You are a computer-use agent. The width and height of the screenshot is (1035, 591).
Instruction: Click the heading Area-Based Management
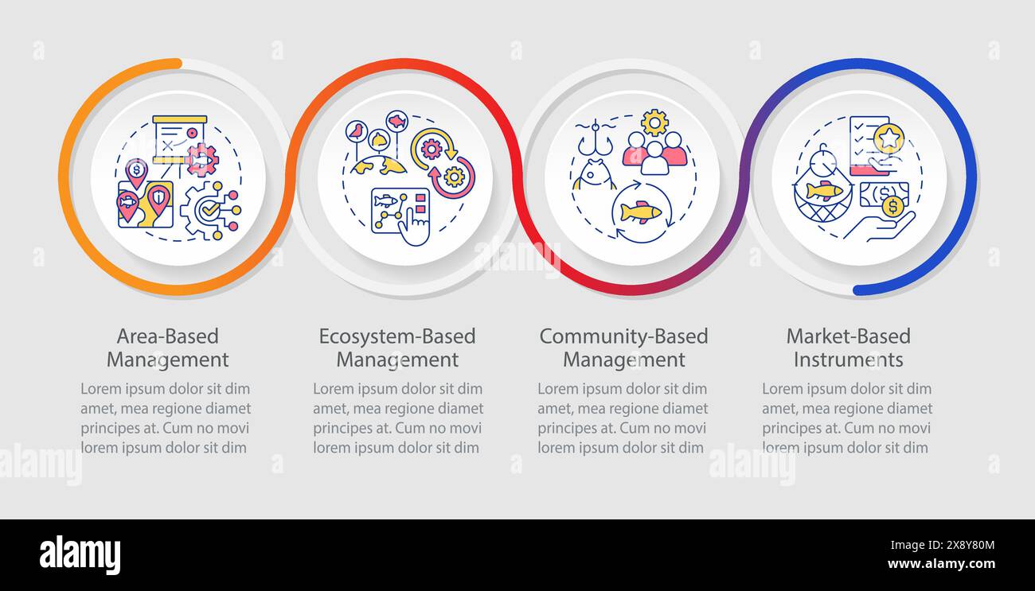click(x=168, y=348)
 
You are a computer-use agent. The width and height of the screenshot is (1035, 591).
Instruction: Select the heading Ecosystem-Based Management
click(x=397, y=348)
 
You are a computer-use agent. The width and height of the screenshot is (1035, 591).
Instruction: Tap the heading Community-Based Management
click(x=623, y=348)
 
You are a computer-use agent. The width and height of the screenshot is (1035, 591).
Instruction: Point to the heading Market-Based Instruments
click(x=849, y=348)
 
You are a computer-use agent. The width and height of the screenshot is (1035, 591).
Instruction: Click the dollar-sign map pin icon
click(x=136, y=173)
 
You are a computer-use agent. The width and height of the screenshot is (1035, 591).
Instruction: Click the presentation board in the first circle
click(x=180, y=139)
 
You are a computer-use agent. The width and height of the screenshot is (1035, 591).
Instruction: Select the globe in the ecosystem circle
click(x=379, y=165)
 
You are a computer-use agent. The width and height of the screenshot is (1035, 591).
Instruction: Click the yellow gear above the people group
click(x=654, y=122)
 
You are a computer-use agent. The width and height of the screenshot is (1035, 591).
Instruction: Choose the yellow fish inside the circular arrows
click(x=641, y=212)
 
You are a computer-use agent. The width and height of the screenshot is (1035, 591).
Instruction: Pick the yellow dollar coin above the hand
click(x=893, y=206)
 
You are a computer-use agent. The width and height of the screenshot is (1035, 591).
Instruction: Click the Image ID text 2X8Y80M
click(x=971, y=546)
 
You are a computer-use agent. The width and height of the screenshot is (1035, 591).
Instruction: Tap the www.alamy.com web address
click(x=941, y=564)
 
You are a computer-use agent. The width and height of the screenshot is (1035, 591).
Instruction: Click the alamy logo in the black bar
click(x=80, y=554)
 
